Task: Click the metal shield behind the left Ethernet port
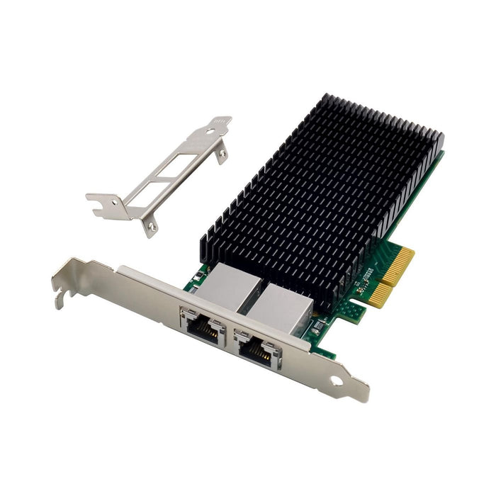[221, 287]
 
